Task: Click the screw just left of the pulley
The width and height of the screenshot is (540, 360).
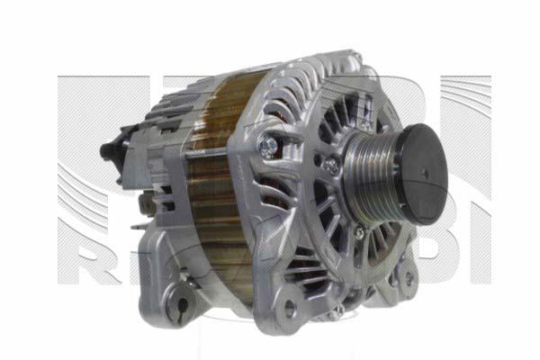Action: click(x=330, y=166)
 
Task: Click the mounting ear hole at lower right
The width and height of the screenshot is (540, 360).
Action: click(x=407, y=279)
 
